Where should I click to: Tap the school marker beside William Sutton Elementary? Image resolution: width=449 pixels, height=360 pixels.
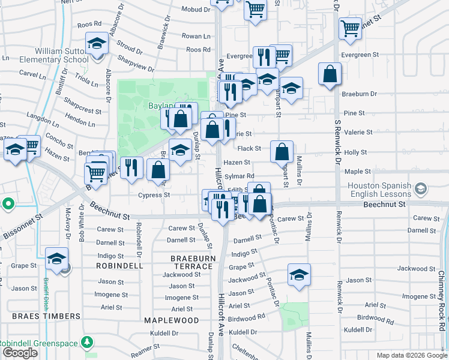coord(97,44)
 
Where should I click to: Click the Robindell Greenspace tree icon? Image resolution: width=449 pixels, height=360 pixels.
coord(88,342)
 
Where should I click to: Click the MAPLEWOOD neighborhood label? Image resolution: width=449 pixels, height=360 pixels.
coord(171,320)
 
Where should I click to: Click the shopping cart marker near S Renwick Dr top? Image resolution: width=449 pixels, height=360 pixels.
coord(350,27)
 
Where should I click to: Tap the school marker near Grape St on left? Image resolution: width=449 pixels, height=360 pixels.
coord(57,259)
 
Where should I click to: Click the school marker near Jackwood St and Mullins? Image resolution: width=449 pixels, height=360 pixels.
coord(299,275)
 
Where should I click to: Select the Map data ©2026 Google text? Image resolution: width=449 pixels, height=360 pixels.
coord(411,355)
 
